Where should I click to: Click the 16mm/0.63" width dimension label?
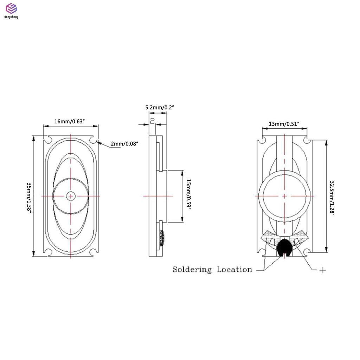coord(70,121)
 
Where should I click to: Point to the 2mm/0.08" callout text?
coord(124,143)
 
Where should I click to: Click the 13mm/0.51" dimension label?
coord(284,124)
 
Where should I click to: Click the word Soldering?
coord(192,270)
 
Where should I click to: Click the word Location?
coord(234,270)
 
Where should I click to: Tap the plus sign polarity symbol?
coord(322,270)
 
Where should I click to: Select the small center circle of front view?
coord(71,195)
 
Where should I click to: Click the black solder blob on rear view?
coord(284,247)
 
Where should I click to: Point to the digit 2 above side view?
coord(152,121)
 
